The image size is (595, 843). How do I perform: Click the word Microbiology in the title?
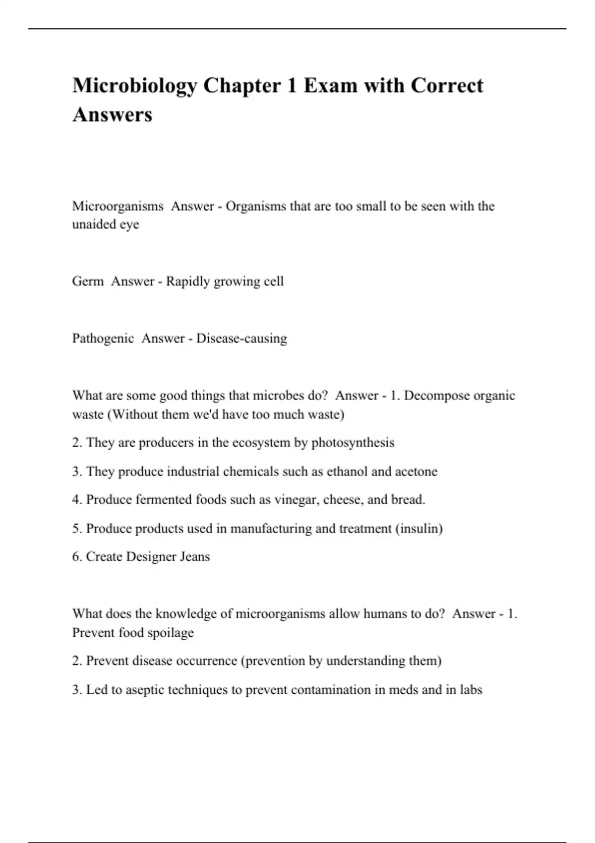[x=134, y=86]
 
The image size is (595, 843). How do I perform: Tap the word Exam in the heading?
[x=330, y=85]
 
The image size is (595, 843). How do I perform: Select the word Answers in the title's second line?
[x=113, y=115]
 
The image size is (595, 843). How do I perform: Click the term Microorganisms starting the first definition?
[x=118, y=206]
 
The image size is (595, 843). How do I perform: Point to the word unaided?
[x=94, y=224]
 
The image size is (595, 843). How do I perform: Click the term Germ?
[x=88, y=281]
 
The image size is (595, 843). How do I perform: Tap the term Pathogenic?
[x=103, y=338]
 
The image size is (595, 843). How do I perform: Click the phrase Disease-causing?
[x=241, y=338]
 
